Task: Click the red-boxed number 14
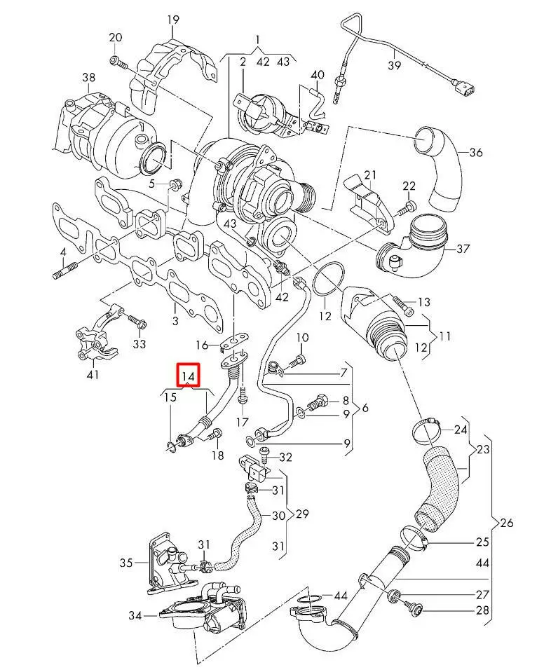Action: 189,376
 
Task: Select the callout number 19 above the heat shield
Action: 173,20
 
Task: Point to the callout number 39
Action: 394,65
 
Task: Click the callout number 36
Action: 476,152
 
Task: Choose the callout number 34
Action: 135,616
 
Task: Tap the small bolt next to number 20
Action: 119,62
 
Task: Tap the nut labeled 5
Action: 176,186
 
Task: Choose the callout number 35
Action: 125,562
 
